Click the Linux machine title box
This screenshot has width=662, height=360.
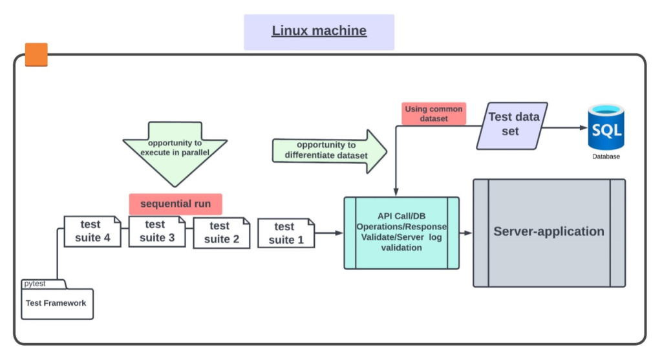319,32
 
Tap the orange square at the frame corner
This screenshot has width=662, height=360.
36,55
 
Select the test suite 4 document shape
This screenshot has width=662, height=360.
92,231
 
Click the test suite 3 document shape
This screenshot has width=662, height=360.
156,231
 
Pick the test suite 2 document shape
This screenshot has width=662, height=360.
220,233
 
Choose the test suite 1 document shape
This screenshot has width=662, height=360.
285,233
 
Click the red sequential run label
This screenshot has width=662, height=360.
175,204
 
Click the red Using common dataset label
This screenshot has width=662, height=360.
434,114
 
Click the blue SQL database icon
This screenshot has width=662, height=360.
605,129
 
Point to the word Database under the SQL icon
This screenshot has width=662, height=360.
606,156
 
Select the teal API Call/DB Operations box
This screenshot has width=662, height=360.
401,233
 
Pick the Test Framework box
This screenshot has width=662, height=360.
57,303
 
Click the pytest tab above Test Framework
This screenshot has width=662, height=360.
35,284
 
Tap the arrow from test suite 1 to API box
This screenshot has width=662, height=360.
329,233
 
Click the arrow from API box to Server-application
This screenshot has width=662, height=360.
465,233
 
